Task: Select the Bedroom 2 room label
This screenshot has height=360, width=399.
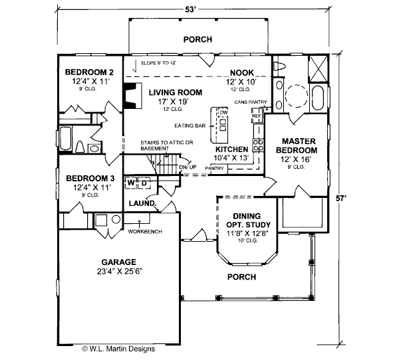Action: pos(89,72)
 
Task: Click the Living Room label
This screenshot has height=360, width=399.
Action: pos(174,93)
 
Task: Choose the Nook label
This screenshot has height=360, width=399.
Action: pos(243,72)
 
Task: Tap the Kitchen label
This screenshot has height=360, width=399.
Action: pos(231,149)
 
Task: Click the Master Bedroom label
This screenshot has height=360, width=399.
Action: pos(299,145)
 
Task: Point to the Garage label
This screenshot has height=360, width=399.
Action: pos(118,262)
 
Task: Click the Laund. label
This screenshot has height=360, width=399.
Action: pos(142,203)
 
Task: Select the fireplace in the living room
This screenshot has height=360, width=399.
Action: pos(132,94)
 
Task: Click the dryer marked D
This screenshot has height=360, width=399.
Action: pos(144,181)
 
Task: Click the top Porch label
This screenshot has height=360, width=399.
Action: pos(198,40)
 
